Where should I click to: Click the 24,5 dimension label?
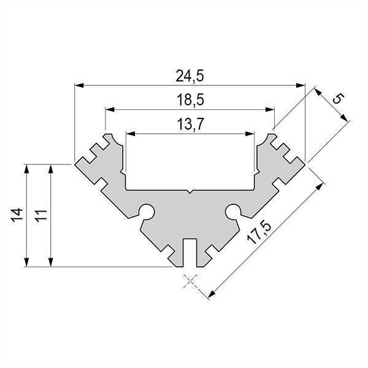(x=190, y=76)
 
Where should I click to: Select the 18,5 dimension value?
(x=190, y=100)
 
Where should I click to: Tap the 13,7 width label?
(x=190, y=124)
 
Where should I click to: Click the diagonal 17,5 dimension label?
(x=259, y=233)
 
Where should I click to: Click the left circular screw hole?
(x=147, y=211)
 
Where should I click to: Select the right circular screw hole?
(x=233, y=211)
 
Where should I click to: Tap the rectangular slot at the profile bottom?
(x=190, y=253)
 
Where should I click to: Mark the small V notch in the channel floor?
(x=190, y=191)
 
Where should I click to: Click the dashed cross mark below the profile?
(x=190, y=280)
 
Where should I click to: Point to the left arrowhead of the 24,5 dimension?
(x=79, y=85)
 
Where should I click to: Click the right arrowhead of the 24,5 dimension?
(x=301, y=85)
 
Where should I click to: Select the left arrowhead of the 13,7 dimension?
(x=131, y=134)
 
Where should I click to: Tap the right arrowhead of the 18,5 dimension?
(x=270, y=109)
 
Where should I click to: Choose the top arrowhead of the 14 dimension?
(x=26, y=169)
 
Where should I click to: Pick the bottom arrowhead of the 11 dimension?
(x=51, y=263)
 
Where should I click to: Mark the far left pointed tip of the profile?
(x=75, y=164)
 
